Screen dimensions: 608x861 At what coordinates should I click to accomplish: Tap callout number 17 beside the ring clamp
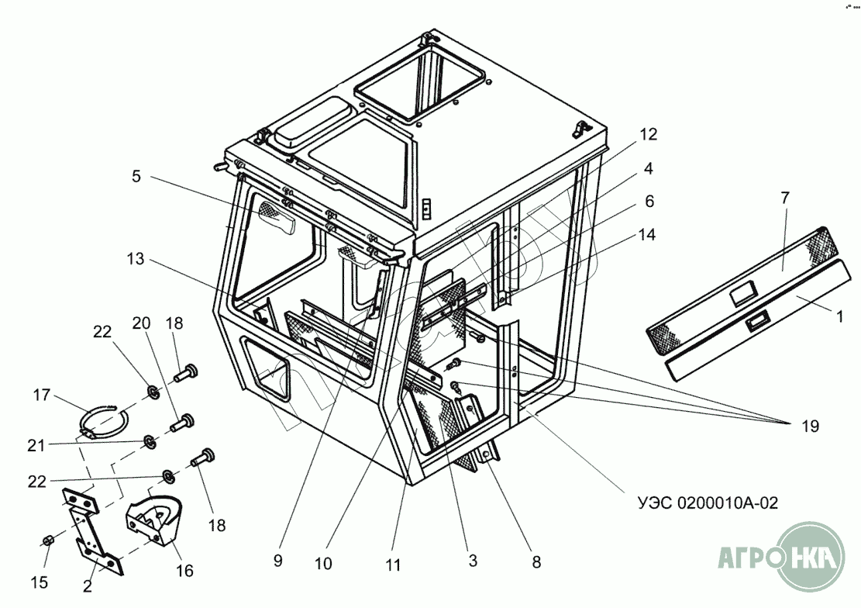pos(42,396)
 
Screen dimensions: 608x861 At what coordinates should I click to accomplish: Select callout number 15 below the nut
pos(39,582)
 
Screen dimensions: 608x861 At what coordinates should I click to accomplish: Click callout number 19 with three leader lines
pos(811,426)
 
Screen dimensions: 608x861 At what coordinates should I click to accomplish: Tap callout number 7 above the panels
pos(784,198)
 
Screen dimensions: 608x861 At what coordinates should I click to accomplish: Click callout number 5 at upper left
pos(136,176)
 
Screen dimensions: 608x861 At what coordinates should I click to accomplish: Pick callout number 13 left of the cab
pos(136,259)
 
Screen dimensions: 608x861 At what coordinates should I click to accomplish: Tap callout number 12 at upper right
pos(649,133)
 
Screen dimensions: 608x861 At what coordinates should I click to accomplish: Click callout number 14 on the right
pos(648,235)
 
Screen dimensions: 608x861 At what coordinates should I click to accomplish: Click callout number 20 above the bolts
pos(140,323)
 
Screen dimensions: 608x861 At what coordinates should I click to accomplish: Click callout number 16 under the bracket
pos(184,572)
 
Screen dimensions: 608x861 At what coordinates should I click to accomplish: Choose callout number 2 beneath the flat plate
pos(88,586)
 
